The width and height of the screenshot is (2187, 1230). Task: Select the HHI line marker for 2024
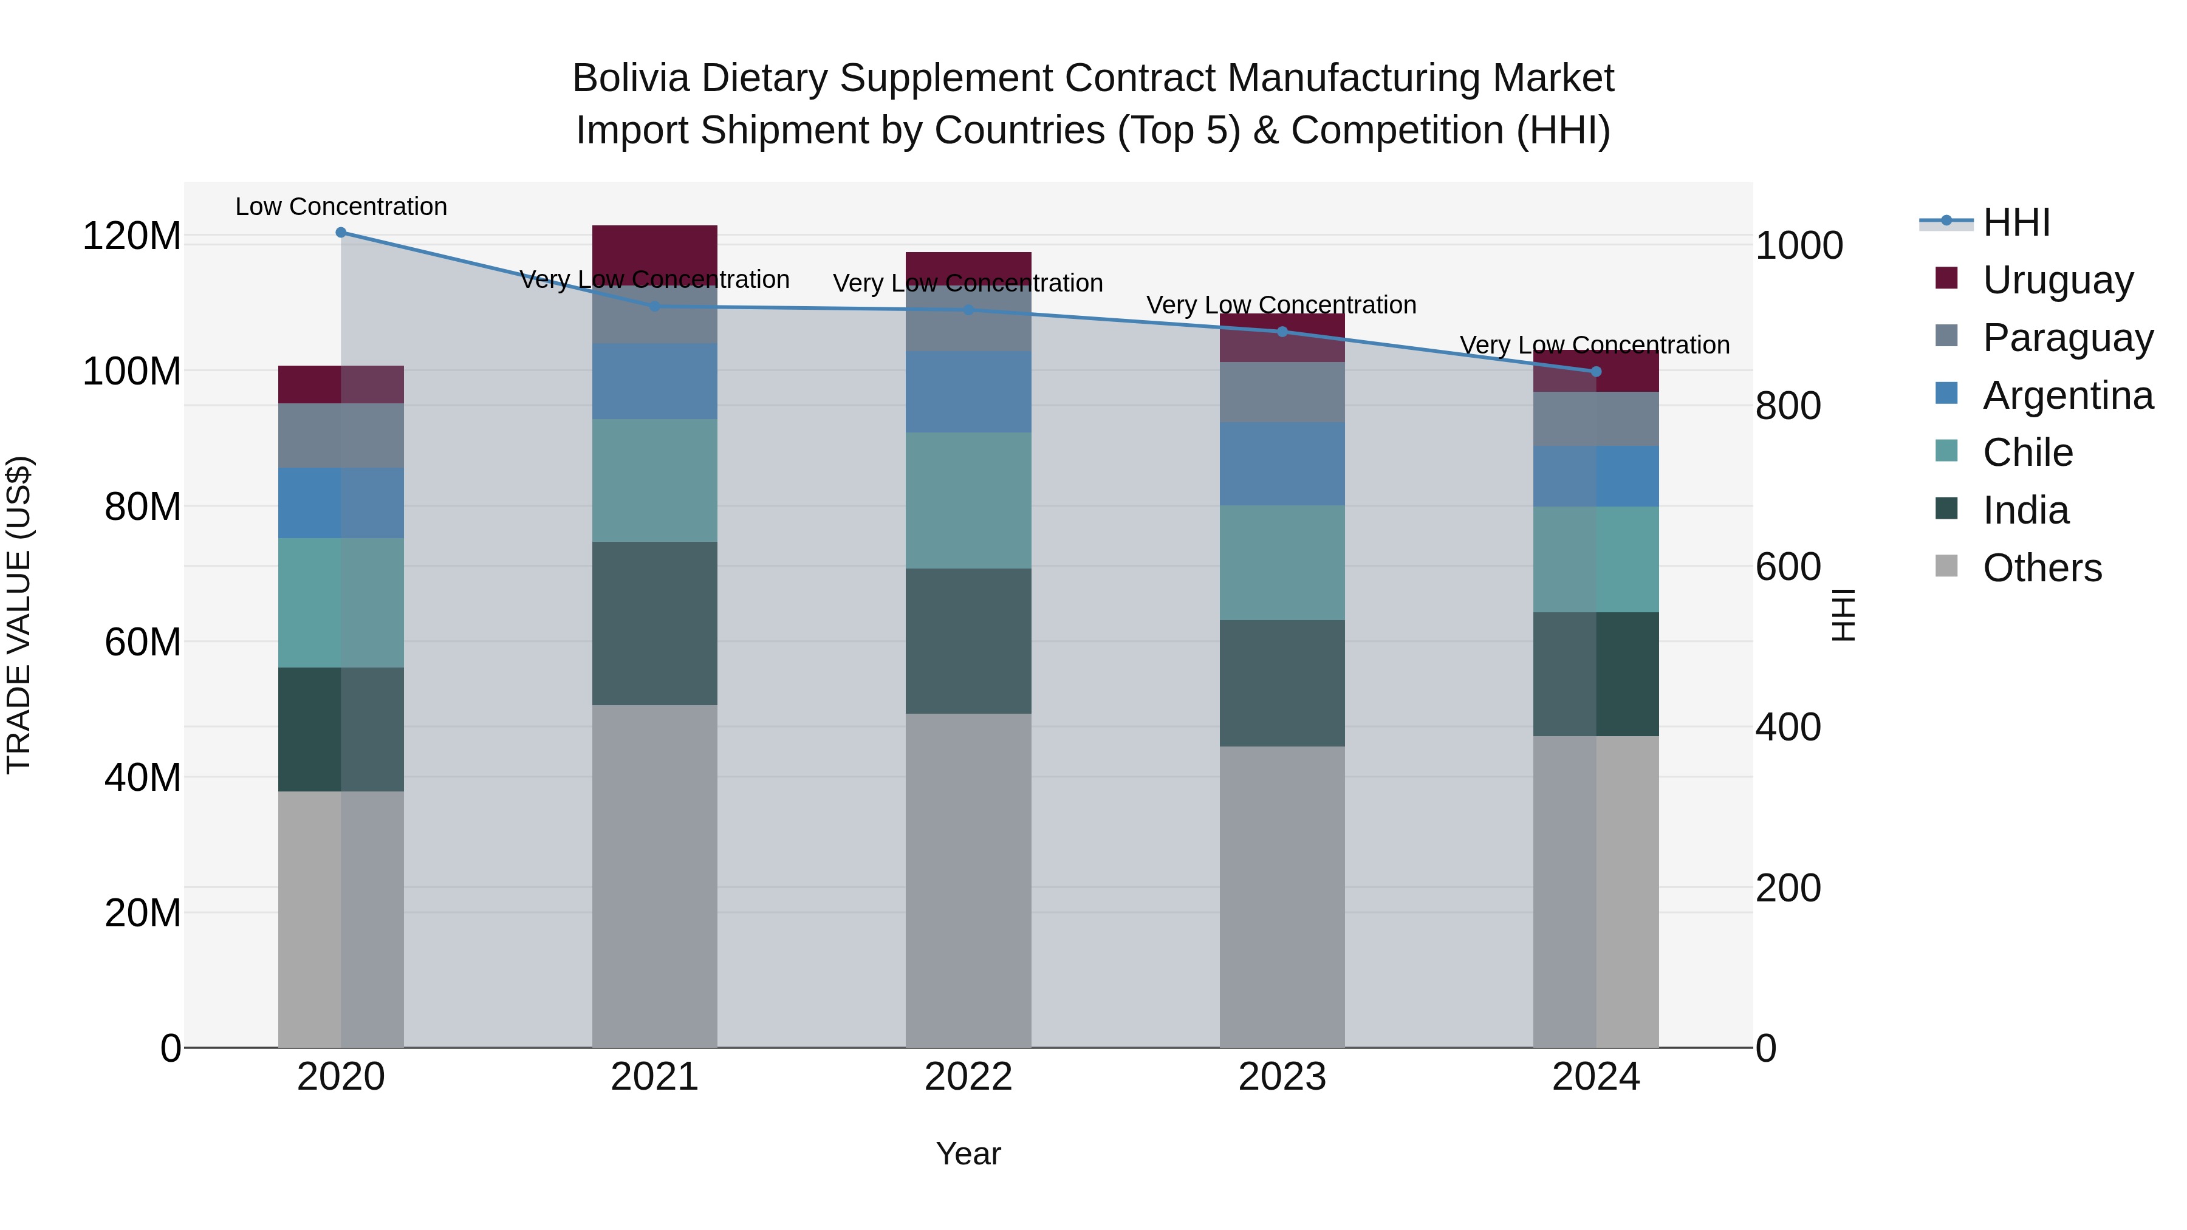(1595, 372)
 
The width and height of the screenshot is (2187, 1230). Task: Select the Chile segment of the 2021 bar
(654, 480)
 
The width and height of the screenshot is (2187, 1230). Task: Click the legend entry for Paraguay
(2067, 337)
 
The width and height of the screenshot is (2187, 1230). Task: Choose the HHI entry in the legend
(2016, 222)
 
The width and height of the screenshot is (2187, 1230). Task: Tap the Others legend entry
(2041, 567)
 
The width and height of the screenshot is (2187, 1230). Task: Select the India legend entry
(2025, 510)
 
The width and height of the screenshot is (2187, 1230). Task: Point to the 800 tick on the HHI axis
(1787, 406)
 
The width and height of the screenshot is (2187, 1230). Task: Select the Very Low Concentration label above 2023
(1281, 305)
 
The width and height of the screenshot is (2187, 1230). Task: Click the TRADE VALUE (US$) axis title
(19, 615)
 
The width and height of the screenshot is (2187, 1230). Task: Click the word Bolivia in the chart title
(630, 78)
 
